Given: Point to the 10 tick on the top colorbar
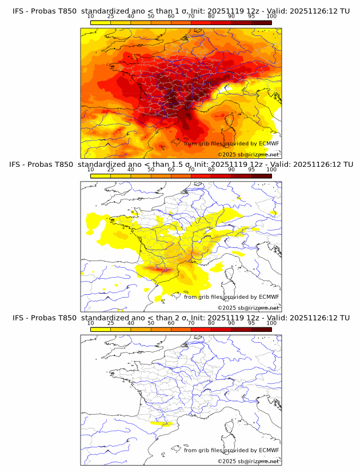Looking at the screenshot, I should point(91,16).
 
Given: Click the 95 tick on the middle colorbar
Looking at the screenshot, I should point(251,170).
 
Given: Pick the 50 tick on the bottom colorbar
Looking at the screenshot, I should point(151,323).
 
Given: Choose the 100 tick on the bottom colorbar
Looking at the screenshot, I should point(271,323).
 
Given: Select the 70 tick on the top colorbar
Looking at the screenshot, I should point(191,16).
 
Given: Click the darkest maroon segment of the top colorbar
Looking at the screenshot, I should point(261,22).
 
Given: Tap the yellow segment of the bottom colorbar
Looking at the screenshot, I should point(101,329).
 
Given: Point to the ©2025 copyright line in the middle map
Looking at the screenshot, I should point(248,307).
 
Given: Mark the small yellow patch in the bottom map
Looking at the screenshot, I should point(161,424).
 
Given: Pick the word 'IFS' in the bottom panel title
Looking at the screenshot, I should point(19,318).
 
